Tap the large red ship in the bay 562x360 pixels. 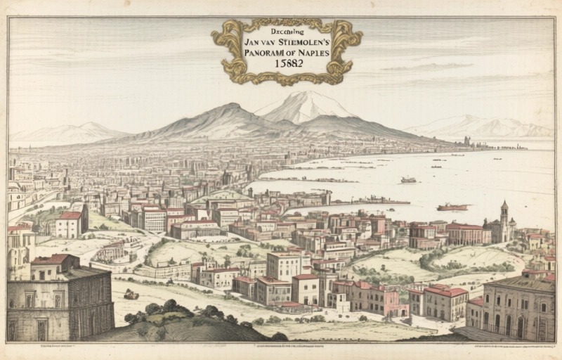452,207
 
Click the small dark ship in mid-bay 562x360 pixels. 408,180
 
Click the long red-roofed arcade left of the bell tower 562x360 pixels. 464,233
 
